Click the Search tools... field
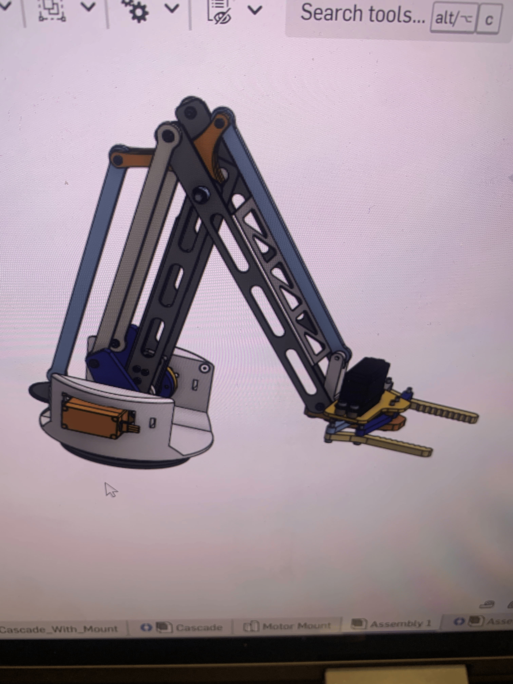(362, 14)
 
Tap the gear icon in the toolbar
(138, 11)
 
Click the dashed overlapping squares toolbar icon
(51, 11)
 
